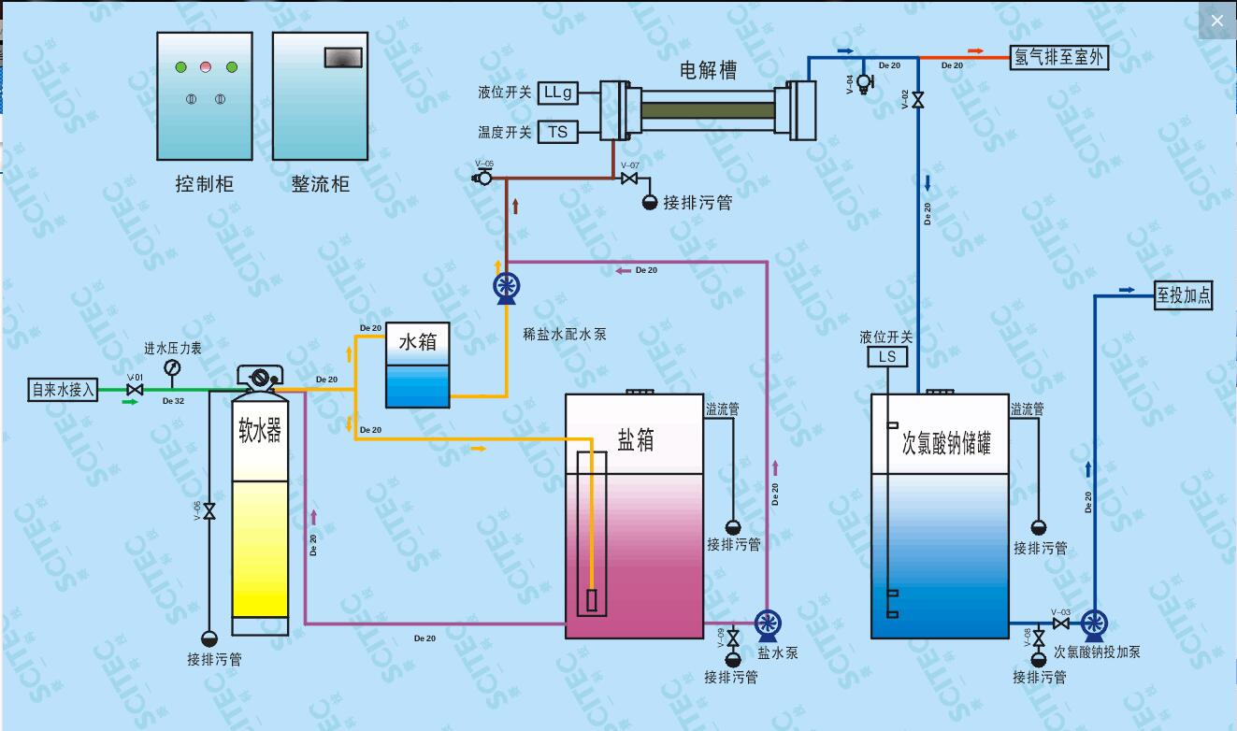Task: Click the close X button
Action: [x=1216, y=21]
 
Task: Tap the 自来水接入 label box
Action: [x=64, y=389]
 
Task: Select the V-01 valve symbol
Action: [x=135, y=389]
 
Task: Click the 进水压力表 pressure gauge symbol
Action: [x=172, y=368]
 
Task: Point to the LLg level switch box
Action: [x=558, y=93]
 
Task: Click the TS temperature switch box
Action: [x=558, y=132]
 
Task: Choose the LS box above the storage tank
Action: [x=887, y=357]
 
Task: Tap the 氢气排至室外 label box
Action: [x=1059, y=57]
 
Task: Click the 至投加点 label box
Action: [x=1183, y=295]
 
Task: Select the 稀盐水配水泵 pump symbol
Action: [x=506, y=287]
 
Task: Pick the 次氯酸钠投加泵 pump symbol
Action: [x=1093, y=623]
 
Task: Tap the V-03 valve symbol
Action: [x=1060, y=623]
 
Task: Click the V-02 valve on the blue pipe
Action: [x=917, y=100]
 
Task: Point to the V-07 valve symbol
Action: [x=630, y=179]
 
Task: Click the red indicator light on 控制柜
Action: [x=206, y=67]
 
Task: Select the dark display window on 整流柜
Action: [x=342, y=57]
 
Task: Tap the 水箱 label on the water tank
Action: [x=418, y=342]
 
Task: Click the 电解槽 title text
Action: [x=708, y=70]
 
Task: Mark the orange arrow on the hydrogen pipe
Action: [x=975, y=50]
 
